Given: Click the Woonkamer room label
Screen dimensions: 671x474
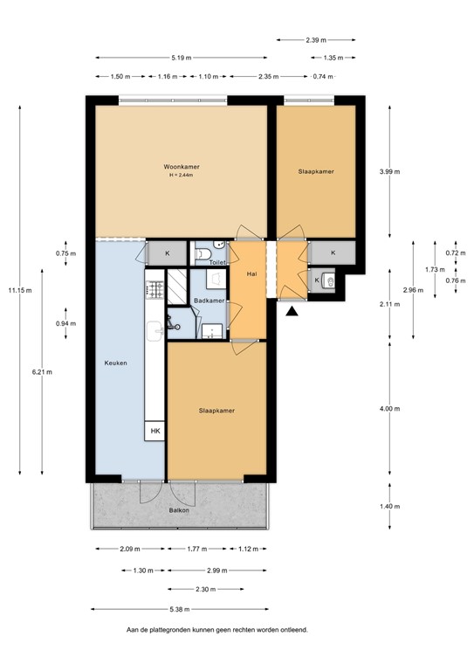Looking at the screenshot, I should coord(181,166).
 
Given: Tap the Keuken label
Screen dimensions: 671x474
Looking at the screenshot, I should coord(116,363).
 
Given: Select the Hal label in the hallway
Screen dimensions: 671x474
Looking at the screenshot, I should coord(251,273).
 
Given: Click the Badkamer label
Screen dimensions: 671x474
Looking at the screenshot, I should coord(209,301).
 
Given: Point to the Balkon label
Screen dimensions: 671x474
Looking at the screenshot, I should coord(179,522).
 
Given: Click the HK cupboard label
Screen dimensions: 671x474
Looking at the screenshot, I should coord(155,432).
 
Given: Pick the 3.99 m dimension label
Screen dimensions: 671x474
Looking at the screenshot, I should coord(390,171).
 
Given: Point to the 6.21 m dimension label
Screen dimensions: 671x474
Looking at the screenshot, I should coord(41,371).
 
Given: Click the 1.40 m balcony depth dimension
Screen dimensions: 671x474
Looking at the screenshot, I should coord(390,506).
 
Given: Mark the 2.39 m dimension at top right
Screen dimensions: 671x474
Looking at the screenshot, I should coord(315,39).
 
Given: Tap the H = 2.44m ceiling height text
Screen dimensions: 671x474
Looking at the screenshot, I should coord(181,176).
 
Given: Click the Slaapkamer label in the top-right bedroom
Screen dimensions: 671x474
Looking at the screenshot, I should coord(316,171).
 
